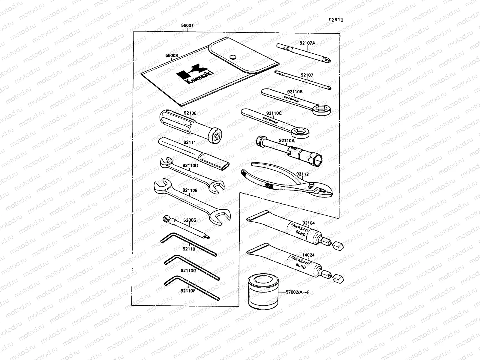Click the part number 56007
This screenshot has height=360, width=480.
(x=187, y=26)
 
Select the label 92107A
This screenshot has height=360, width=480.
(x=307, y=43)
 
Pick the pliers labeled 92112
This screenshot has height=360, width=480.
(x=288, y=183)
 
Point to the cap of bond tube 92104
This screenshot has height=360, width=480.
(x=338, y=246)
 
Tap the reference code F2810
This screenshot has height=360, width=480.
(x=336, y=20)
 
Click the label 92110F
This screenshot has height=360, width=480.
(x=188, y=290)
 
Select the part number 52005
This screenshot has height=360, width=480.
(x=189, y=220)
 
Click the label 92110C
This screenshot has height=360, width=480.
(x=274, y=113)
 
